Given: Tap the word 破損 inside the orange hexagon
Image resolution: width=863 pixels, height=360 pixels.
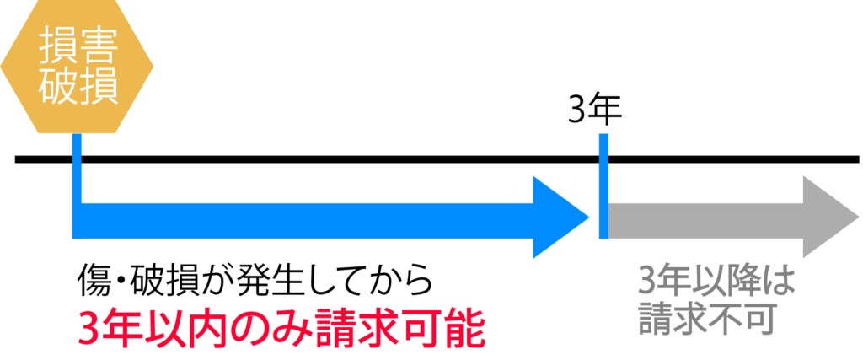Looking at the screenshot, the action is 78,87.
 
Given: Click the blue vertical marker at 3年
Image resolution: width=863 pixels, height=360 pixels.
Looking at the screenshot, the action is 603,185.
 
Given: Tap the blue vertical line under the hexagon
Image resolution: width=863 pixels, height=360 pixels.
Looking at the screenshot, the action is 78,169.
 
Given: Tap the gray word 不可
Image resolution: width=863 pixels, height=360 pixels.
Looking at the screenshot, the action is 749,318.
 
